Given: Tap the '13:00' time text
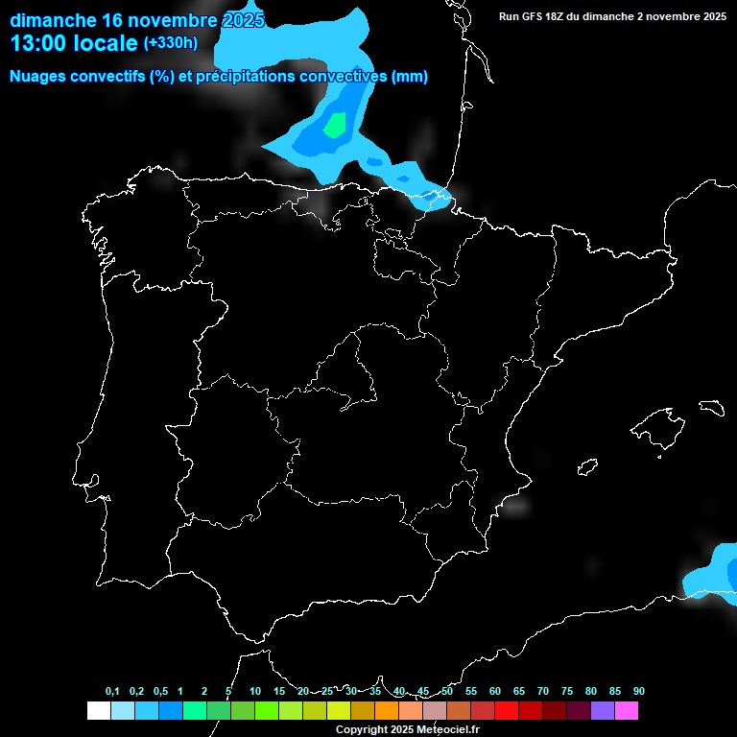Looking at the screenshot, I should tap(38, 43).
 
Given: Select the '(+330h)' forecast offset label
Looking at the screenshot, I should tap(171, 43).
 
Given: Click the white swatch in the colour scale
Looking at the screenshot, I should tap(98, 710).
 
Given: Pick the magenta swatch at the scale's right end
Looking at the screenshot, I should tap(626, 710).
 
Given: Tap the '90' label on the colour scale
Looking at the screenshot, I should tap(638, 691).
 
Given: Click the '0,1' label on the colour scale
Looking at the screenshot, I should tap(112, 691).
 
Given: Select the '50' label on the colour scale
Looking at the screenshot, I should tap(447, 691).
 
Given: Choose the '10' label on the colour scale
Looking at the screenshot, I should tap(255, 691).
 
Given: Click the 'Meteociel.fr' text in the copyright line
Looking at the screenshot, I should tap(448, 729).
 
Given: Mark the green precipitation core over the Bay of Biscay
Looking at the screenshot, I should tap(335, 125).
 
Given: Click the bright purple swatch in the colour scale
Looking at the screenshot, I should tap(602, 710).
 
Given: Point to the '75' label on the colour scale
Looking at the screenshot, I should tap(567, 691).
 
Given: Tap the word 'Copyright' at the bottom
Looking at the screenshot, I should tap(361, 729).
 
